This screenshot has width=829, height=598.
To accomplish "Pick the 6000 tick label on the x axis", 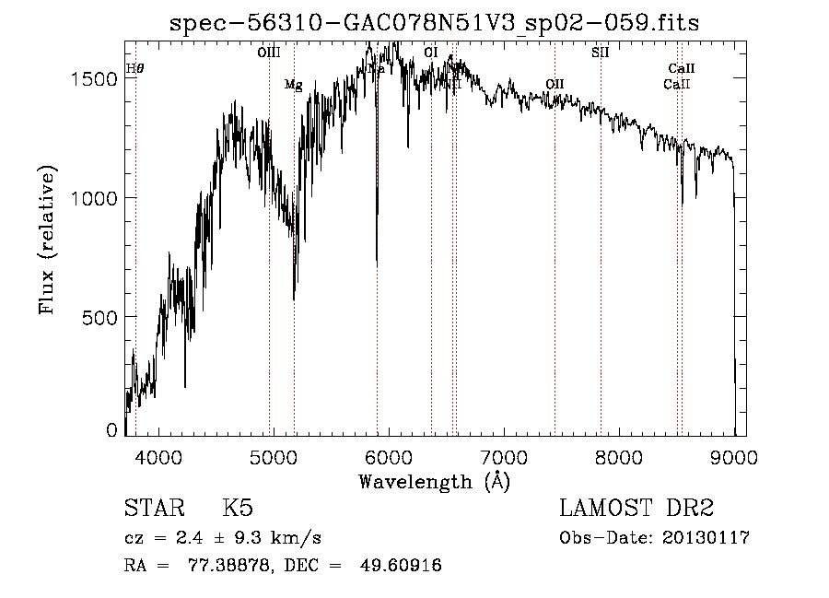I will click(388, 456).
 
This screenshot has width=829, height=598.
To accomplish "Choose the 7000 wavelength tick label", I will click(504, 456).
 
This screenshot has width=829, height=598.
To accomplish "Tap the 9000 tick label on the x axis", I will click(734, 456).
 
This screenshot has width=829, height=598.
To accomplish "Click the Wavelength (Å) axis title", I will click(434, 481).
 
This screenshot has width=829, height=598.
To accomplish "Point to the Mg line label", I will click(293, 85).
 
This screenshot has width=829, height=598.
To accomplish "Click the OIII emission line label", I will click(268, 53).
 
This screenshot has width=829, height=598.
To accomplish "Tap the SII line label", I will click(600, 53).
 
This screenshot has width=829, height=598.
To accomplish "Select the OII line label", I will click(554, 85).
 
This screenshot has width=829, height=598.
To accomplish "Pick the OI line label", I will click(430, 53).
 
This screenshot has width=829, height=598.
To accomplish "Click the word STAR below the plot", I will click(154, 509).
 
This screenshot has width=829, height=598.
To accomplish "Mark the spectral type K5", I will click(238, 509).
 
